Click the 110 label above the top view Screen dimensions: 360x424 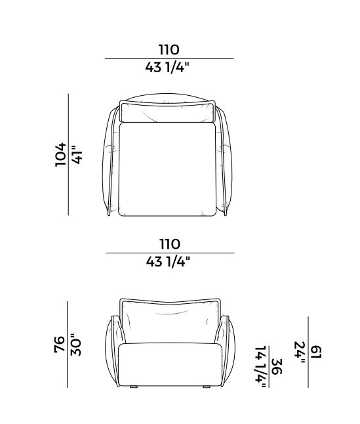tap(169, 50)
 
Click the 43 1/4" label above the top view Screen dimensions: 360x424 tap(167, 67)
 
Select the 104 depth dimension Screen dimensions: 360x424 tap(60, 155)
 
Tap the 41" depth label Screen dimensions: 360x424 tap(77, 155)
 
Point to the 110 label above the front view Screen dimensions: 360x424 tap(170, 244)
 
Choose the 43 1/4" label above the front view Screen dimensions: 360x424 tap(169, 261)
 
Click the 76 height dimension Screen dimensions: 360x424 tap(60, 344)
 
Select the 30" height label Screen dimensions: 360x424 tap(76, 345)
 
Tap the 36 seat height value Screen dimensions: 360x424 tap(277, 367)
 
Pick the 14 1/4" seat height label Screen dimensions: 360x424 tap(260, 367)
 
